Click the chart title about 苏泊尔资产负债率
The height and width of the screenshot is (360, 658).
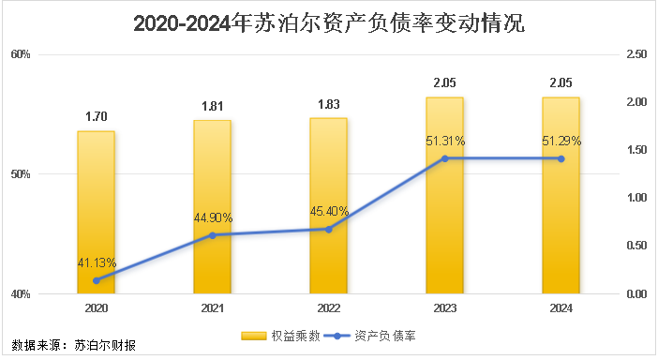tap(329, 23)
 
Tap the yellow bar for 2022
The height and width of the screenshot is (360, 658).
tap(328, 206)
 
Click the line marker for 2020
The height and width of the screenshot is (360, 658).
tap(96, 280)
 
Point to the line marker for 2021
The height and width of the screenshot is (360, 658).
tap(212, 235)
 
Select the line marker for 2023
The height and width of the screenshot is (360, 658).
tap(444, 158)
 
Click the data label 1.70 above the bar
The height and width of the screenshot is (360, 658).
tap(96, 117)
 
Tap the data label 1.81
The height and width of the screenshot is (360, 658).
tap(212, 106)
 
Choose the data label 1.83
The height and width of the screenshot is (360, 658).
tap(328, 104)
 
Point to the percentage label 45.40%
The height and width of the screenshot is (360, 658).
tap(329, 211)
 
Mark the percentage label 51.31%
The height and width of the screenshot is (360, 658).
tap(445, 141)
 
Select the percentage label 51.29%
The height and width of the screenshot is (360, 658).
tap(561, 141)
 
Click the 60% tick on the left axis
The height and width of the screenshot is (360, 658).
tap(22, 54)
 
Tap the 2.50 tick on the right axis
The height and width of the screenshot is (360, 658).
tap(636, 54)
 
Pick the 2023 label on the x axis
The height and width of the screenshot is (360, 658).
tap(444, 307)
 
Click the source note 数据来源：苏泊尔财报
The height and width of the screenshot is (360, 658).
tap(73, 345)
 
